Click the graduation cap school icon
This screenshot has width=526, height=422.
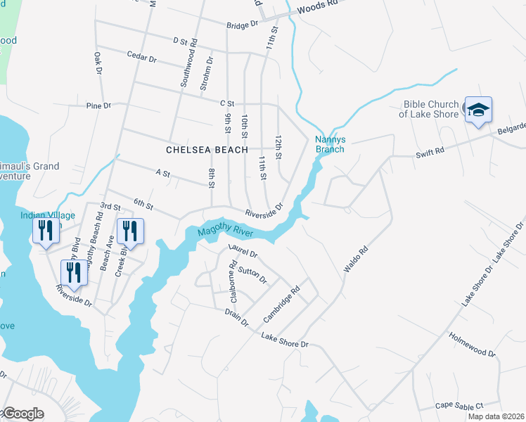click(x=478, y=111)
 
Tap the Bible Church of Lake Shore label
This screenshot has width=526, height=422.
click(x=431, y=109)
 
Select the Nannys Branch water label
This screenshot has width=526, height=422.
click(x=329, y=144)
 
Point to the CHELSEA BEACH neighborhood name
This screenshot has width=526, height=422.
click(x=207, y=150)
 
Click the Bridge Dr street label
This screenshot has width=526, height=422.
click(x=243, y=24)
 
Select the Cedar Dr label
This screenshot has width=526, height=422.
click(x=141, y=58)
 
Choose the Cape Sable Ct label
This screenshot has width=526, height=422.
click(x=459, y=406)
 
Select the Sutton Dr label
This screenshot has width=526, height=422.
click(x=252, y=275)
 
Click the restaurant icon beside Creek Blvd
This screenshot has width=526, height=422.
click(x=130, y=230)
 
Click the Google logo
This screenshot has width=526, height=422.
click(x=22, y=414)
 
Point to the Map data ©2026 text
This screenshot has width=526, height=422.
click(x=496, y=416)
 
